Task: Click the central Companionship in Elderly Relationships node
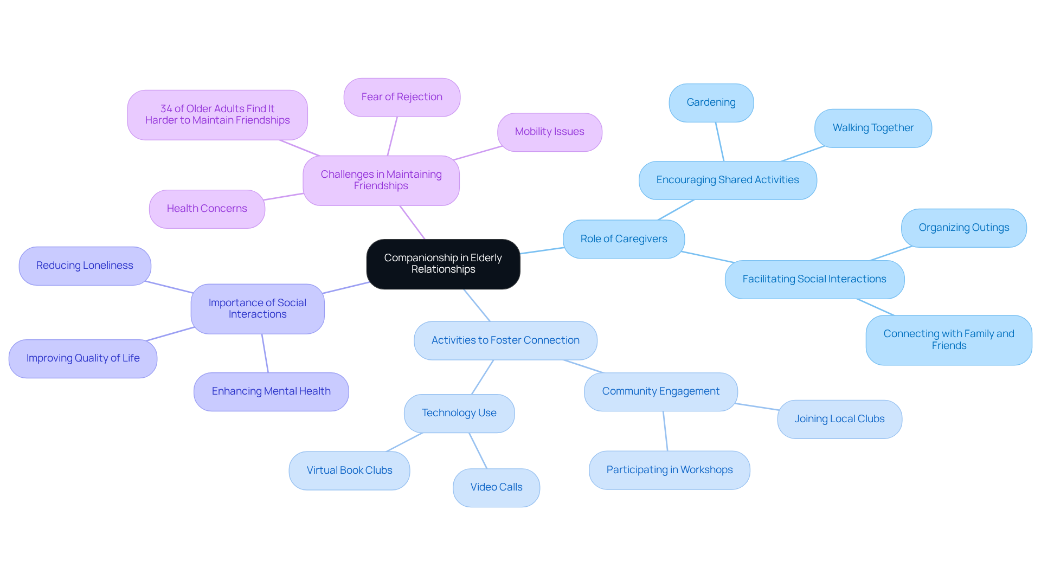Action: coord(443,264)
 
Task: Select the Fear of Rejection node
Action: coord(402,97)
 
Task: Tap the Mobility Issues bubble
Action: coord(549,132)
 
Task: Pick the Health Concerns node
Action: coord(207,209)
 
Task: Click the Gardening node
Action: coord(711,102)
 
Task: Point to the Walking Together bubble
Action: coord(873,128)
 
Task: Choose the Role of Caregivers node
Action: coord(624,239)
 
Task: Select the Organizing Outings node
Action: coord(963,228)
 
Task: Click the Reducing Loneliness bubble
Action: coord(85,266)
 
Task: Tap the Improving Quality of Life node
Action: coord(83,358)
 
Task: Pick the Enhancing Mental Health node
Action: coord(271,391)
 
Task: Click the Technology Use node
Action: coord(459,413)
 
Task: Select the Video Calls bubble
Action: coord(496,487)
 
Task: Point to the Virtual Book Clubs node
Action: coord(349,470)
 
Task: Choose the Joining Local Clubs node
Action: coord(839,419)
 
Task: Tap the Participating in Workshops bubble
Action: coord(669,470)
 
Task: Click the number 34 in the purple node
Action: coord(166,109)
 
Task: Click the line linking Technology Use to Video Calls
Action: coord(478,450)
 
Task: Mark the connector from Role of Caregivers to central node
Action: coord(542,250)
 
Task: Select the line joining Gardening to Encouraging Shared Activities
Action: coord(719,141)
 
